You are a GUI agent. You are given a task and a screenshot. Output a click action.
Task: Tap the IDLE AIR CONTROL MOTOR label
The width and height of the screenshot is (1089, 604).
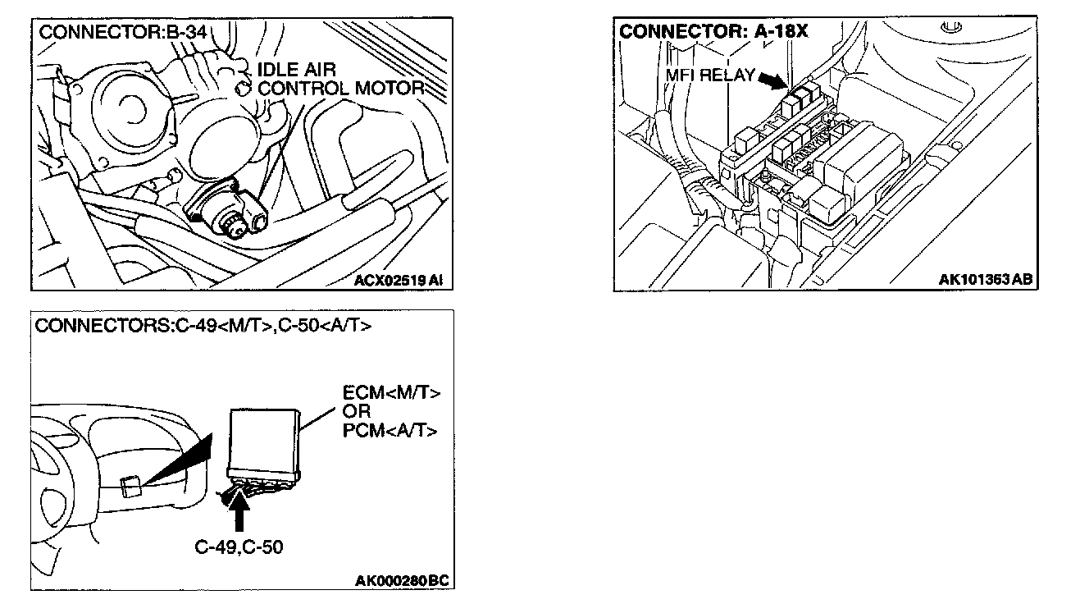pyautogui.click(x=339, y=79)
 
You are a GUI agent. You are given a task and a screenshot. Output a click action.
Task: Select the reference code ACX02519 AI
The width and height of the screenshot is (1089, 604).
pyautogui.click(x=398, y=280)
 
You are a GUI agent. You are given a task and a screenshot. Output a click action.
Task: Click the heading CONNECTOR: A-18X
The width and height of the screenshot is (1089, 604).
pyautogui.click(x=713, y=32)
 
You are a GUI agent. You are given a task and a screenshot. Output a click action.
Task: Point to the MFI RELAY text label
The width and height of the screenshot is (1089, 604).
pyautogui.click(x=709, y=76)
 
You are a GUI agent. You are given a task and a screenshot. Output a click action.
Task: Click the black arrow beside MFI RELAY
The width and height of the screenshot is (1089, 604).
pyautogui.click(x=772, y=80)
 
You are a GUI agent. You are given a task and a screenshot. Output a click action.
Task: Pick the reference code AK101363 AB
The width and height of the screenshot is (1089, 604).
pyautogui.click(x=985, y=280)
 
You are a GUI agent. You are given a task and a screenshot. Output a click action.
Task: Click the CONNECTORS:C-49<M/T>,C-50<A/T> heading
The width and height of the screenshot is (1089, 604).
pyautogui.click(x=203, y=326)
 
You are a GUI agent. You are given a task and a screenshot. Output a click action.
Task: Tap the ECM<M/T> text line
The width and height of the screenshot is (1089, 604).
pyautogui.click(x=391, y=393)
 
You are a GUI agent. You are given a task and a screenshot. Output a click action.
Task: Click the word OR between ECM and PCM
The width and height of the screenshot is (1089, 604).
pyautogui.click(x=357, y=412)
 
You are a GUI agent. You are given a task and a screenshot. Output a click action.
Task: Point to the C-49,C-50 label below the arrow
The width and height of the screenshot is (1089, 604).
pyautogui.click(x=239, y=547)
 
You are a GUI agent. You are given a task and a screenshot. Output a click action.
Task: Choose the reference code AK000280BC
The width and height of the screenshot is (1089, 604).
pyautogui.click(x=402, y=582)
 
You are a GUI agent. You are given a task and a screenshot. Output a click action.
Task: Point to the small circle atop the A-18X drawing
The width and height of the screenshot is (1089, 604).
pyautogui.click(x=950, y=30)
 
